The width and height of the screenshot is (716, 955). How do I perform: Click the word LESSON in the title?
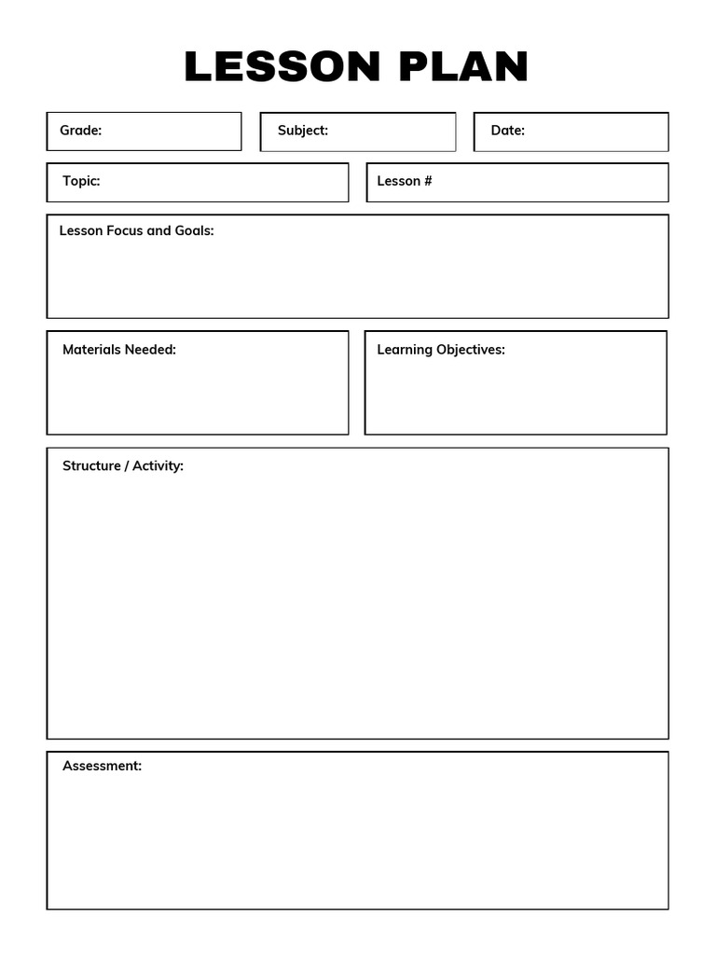click(283, 67)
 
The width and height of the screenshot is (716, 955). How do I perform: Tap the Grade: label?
click(81, 131)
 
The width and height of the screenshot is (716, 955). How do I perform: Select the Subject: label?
click(303, 131)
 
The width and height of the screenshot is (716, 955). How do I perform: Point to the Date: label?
click(508, 131)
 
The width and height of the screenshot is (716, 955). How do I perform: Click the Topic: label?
click(81, 181)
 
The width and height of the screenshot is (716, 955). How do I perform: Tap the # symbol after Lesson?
click(428, 181)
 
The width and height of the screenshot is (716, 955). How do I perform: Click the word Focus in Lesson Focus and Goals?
click(125, 230)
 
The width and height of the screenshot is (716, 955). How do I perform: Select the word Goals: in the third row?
click(195, 230)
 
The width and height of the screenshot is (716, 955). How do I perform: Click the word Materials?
click(91, 350)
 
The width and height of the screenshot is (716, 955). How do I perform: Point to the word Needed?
click(150, 350)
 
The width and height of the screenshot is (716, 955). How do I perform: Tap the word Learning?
click(405, 350)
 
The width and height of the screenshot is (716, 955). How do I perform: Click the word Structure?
click(91, 465)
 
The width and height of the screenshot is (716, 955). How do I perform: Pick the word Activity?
click(158, 465)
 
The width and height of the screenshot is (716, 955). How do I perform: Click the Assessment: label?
click(103, 766)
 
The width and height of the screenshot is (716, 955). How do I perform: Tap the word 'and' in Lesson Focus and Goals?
click(159, 230)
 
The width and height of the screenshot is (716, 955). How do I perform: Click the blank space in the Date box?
click(597, 131)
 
